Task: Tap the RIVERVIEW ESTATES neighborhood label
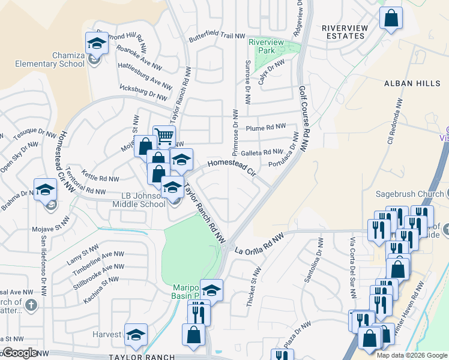click(x=343, y=32)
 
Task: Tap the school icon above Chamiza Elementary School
click(x=96, y=43)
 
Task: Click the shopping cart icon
click(x=164, y=136)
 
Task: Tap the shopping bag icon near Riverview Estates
click(x=391, y=19)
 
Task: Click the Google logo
click(x=20, y=353)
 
